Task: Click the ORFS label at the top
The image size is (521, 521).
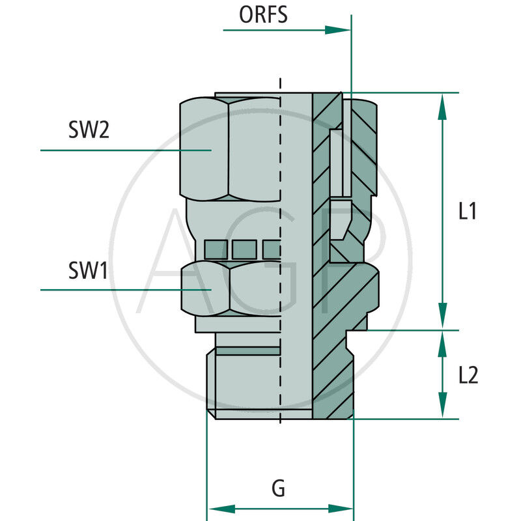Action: click(263, 15)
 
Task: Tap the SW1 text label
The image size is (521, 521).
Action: click(87, 270)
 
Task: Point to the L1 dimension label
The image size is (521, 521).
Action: click(468, 212)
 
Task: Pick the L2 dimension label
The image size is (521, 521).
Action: click(468, 375)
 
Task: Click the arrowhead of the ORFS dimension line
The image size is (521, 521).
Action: click(339, 30)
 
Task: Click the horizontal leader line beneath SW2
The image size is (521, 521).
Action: click(124, 150)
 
